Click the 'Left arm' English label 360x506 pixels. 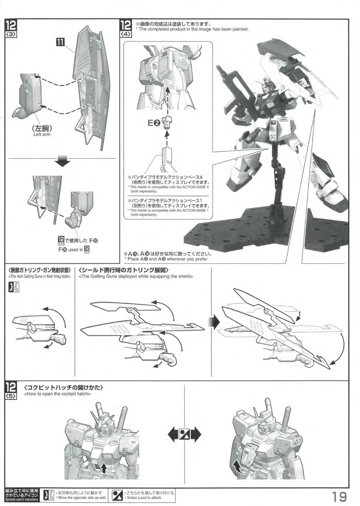point(42,135)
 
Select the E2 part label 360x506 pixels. point(154,123)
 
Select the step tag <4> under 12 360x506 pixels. point(126,35)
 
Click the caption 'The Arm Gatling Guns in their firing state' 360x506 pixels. point(39,276)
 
